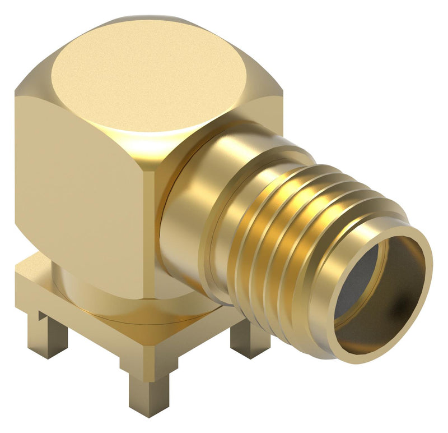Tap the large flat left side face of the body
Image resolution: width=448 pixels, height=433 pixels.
pos(78,185)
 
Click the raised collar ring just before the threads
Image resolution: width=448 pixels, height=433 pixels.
pos(224,236)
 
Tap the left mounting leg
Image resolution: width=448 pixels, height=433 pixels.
pos(48,337)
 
